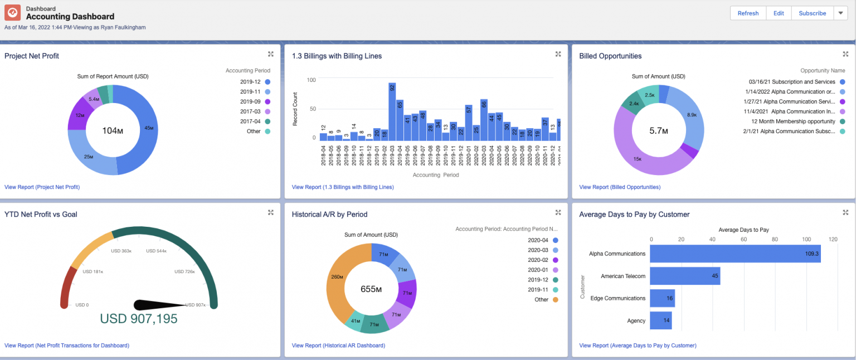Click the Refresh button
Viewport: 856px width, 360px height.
click(x=748, y=13)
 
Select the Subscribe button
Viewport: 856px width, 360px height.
click(x=812, y=13)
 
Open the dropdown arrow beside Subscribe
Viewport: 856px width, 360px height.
click(x=840, y=13)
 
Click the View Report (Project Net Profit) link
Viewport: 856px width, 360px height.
click(x=42, y=187)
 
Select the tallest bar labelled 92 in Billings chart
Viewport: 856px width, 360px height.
click(x=392, y=111)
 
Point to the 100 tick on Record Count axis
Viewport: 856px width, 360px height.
click(x=312, y=80)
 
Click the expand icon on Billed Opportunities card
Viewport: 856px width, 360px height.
click(x=845, y=54)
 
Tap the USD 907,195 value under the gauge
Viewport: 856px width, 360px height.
click(x=139, y=319)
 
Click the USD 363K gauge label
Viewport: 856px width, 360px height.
click(x=121, y=251)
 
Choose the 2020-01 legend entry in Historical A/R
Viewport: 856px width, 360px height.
click(x=538, y=270)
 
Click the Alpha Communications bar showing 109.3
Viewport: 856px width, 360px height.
click(x=735, y=254)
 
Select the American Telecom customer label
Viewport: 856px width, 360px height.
click(x=622, y=276)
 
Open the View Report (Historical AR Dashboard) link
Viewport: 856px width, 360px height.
click(x=338, y=346)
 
